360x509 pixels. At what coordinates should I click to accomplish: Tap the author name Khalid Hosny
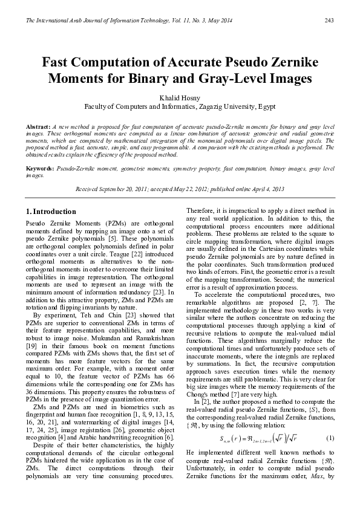[x=180, y=96]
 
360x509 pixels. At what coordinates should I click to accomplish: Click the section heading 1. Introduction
[x=51, y=212]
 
